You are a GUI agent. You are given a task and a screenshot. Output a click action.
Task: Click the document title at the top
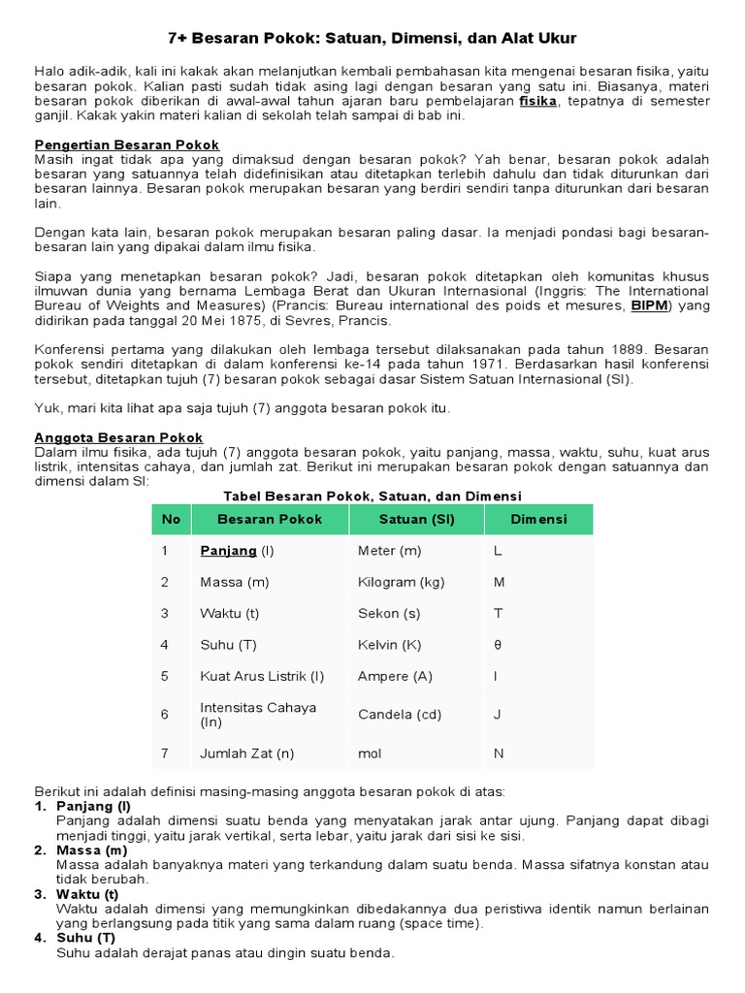pyautogui.click(x=372, y=39)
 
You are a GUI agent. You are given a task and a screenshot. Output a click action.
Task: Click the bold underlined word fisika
pyautogui.click(x=538, y=101)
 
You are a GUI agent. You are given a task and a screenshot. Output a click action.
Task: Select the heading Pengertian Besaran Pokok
pyautogui.click(x=127, y=144)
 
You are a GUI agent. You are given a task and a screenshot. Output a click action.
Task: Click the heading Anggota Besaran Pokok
pyautogui.click(x=119, y=437)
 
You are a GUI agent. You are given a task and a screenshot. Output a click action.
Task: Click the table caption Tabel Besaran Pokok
pyautogui.click(x=372, y=496)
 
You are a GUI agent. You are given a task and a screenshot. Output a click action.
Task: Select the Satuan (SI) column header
pyautogui.click(x=416, y=520)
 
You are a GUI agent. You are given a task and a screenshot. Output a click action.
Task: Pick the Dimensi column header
pyautogui.click(x=538, y=520)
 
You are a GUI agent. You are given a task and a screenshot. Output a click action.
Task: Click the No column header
pyautogui.click(x=171, y=520)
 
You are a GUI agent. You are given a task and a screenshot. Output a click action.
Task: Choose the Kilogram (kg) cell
pyautogui.click(x=401, y=582)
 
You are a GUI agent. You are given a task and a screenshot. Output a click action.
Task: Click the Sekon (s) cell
pyautogui.click(x=389, y=614)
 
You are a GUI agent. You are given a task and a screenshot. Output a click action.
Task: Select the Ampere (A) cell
pyautogui.click(x=395, y=676)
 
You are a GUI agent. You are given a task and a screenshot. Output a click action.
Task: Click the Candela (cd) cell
pyautogui.click(x=399, y=715)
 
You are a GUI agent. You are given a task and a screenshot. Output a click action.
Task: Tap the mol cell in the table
pyautogui.click(x=370, y=753)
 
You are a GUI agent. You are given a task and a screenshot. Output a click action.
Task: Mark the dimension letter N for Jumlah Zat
pyautogui.click(x=499, y=753)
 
